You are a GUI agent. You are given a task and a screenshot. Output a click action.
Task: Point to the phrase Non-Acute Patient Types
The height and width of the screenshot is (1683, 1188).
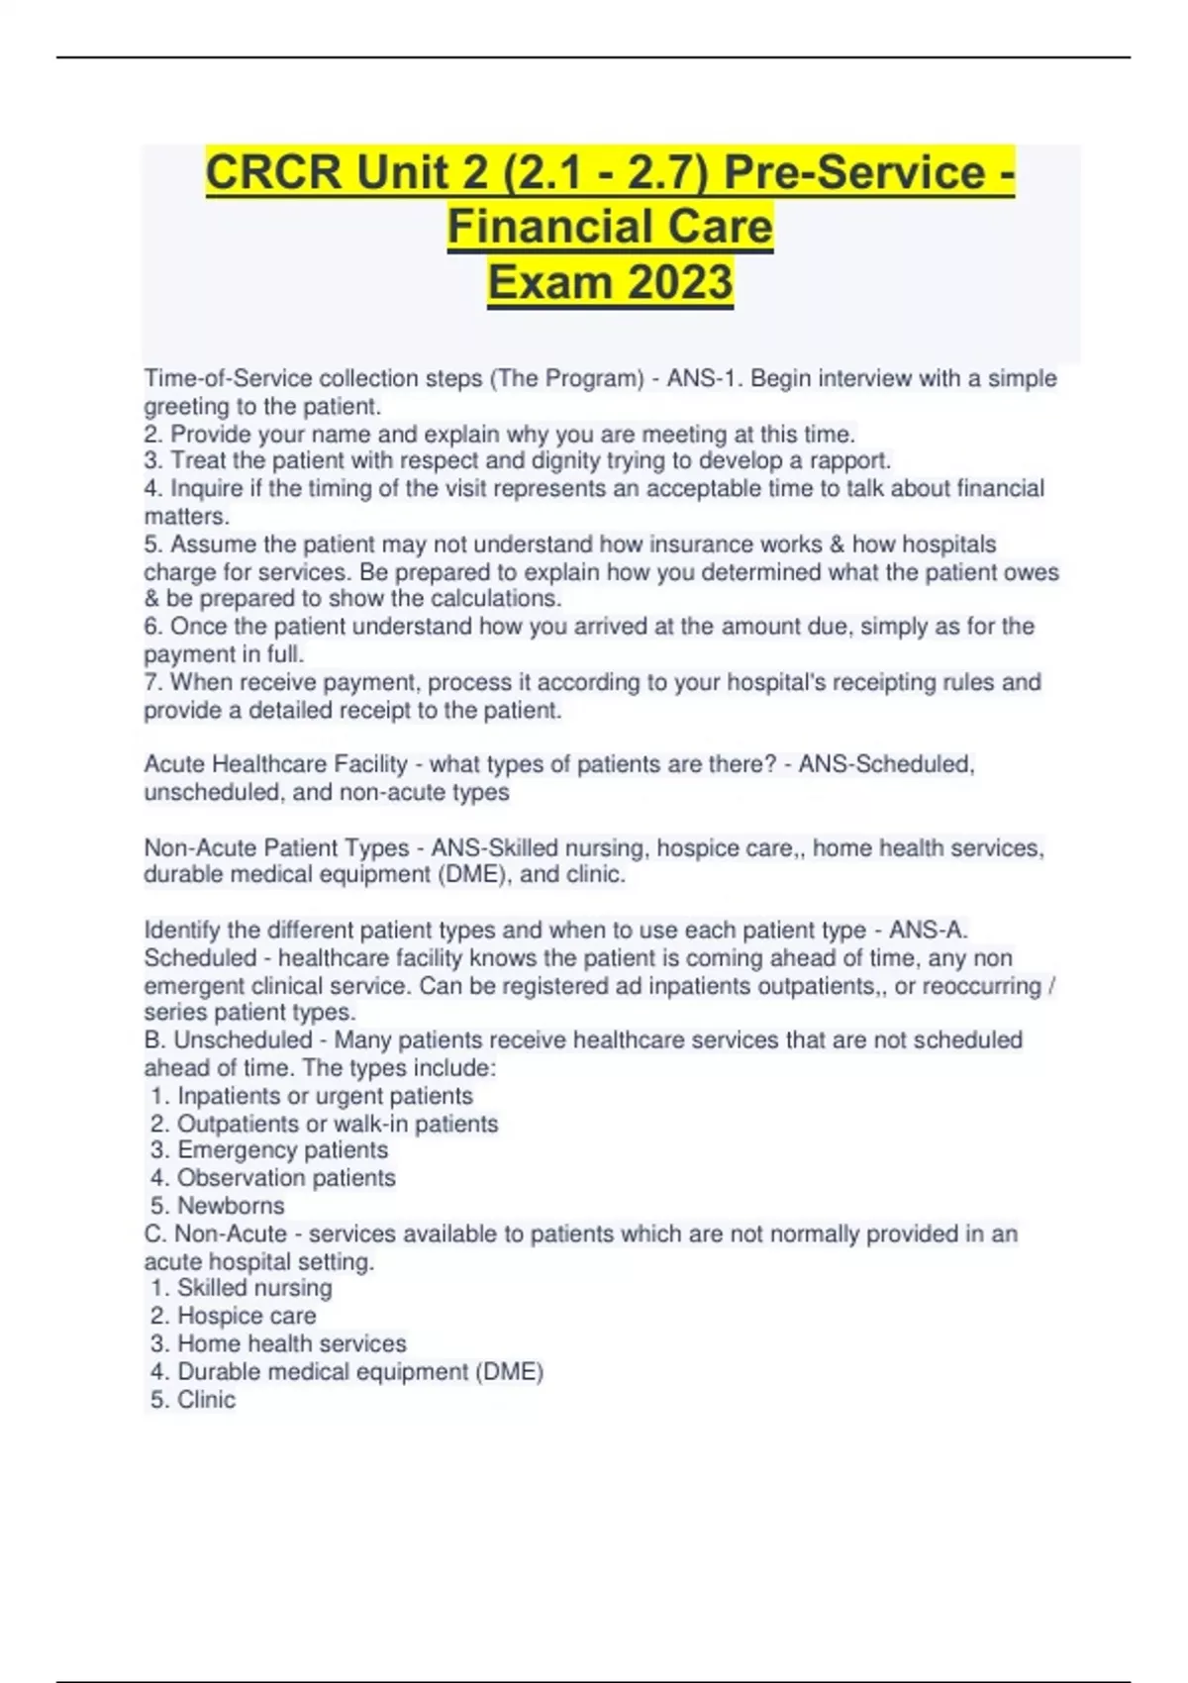click(x=276, y=848)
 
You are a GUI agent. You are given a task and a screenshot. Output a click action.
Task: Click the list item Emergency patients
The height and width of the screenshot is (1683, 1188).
click(x=282, y=1150)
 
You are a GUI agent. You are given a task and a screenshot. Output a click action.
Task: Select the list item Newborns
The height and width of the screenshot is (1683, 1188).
click(x=231, y=1206)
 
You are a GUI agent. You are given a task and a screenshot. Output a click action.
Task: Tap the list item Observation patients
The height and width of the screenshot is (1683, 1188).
click(x=286, y=1178)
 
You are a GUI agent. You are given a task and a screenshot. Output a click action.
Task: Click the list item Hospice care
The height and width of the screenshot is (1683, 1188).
click(x=247, y=1316)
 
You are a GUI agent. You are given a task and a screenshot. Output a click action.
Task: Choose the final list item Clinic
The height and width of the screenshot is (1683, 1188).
click(x=206, y=1400)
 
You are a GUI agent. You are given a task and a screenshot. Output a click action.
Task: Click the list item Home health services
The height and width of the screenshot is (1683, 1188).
click(x=291, y=1343)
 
